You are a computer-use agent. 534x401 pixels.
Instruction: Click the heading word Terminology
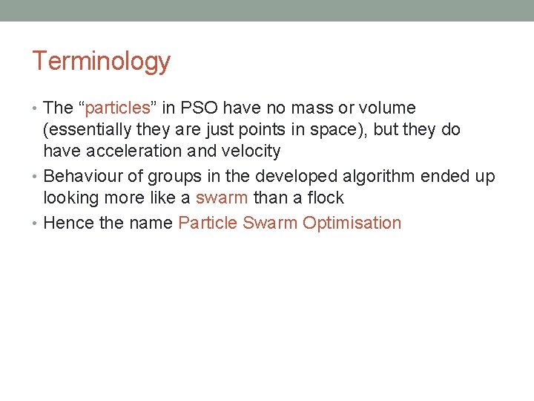(101, 62)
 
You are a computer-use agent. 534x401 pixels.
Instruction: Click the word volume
(389, 108)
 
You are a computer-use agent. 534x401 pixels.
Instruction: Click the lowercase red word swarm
(221, 198)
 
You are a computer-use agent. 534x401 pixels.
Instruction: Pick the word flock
(324, 198)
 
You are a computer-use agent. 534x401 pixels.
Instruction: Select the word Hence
(67, 224)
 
